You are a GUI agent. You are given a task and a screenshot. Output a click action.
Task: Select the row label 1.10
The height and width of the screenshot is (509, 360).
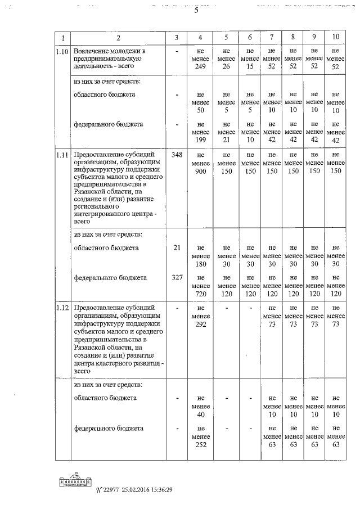pyautogui.click(x=63, y=52)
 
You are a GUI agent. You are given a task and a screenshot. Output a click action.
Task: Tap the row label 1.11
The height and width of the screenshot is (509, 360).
pyautogui.click(x=63, y=154)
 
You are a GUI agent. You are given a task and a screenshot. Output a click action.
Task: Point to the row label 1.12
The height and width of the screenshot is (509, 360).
pyautogui.click(x=63, y=308)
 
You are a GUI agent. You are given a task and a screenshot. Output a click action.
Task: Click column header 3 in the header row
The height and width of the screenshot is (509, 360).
pyautogui.click(x=177, y=37)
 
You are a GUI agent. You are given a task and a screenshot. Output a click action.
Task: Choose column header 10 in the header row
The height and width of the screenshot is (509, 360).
pyautogui.click(x=336, y=37)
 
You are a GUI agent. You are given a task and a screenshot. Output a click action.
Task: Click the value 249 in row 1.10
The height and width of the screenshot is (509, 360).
pyautogui.click(x=201, y=67)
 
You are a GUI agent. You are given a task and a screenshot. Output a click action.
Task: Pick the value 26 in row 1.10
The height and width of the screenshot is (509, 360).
pyautogui.click(x=226, y=67)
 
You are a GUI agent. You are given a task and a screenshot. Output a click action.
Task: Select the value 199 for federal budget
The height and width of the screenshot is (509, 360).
pyautogui.click(x=201, y=139)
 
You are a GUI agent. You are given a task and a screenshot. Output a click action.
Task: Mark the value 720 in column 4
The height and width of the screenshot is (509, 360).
pyautogui.click(x=201, y=293)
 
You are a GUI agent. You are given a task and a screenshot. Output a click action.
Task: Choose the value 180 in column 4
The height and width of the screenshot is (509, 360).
pyautogui.click(x=201, y=263)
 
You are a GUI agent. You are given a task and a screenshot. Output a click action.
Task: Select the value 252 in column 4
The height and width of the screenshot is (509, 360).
pyautogui.click(x=201, y=444)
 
